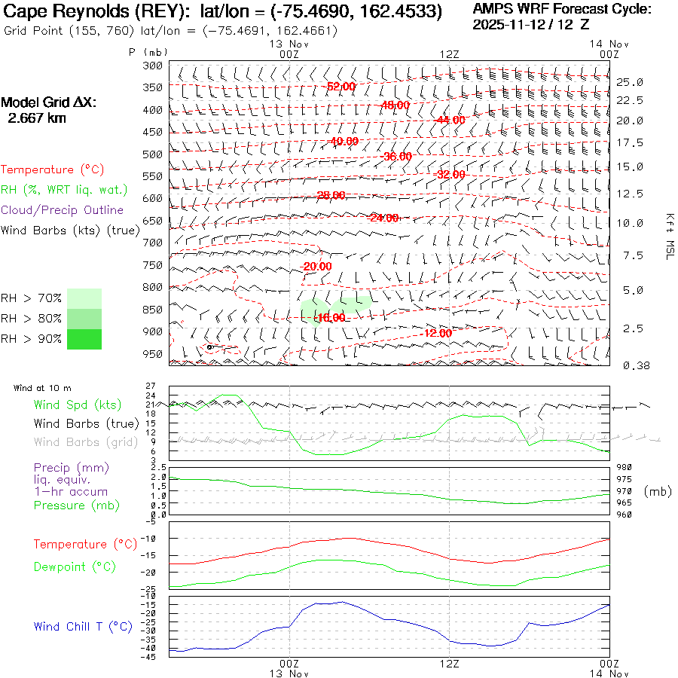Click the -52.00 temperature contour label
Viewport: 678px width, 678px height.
click(341, 87)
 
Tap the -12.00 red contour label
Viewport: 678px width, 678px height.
click(437, 333)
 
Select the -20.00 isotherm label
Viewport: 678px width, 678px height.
click(316, 266)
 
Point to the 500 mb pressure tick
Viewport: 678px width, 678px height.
click(153, 154)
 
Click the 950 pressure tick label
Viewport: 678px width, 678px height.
click(153, 354)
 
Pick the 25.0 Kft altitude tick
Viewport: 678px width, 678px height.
click(629, 82)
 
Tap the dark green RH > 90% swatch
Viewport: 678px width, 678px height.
click(84, 339)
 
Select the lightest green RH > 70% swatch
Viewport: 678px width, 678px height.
click(84, 298)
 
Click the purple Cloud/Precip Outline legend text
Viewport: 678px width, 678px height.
click(62, 210)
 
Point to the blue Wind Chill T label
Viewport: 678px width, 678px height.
click(83, 626)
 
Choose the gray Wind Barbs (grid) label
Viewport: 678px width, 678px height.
click(86, 442)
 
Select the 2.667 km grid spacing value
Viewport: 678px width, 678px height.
click(37, 118)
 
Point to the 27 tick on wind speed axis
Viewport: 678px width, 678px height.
click(151, 386)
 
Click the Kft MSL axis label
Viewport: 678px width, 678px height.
click(667, 236)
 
